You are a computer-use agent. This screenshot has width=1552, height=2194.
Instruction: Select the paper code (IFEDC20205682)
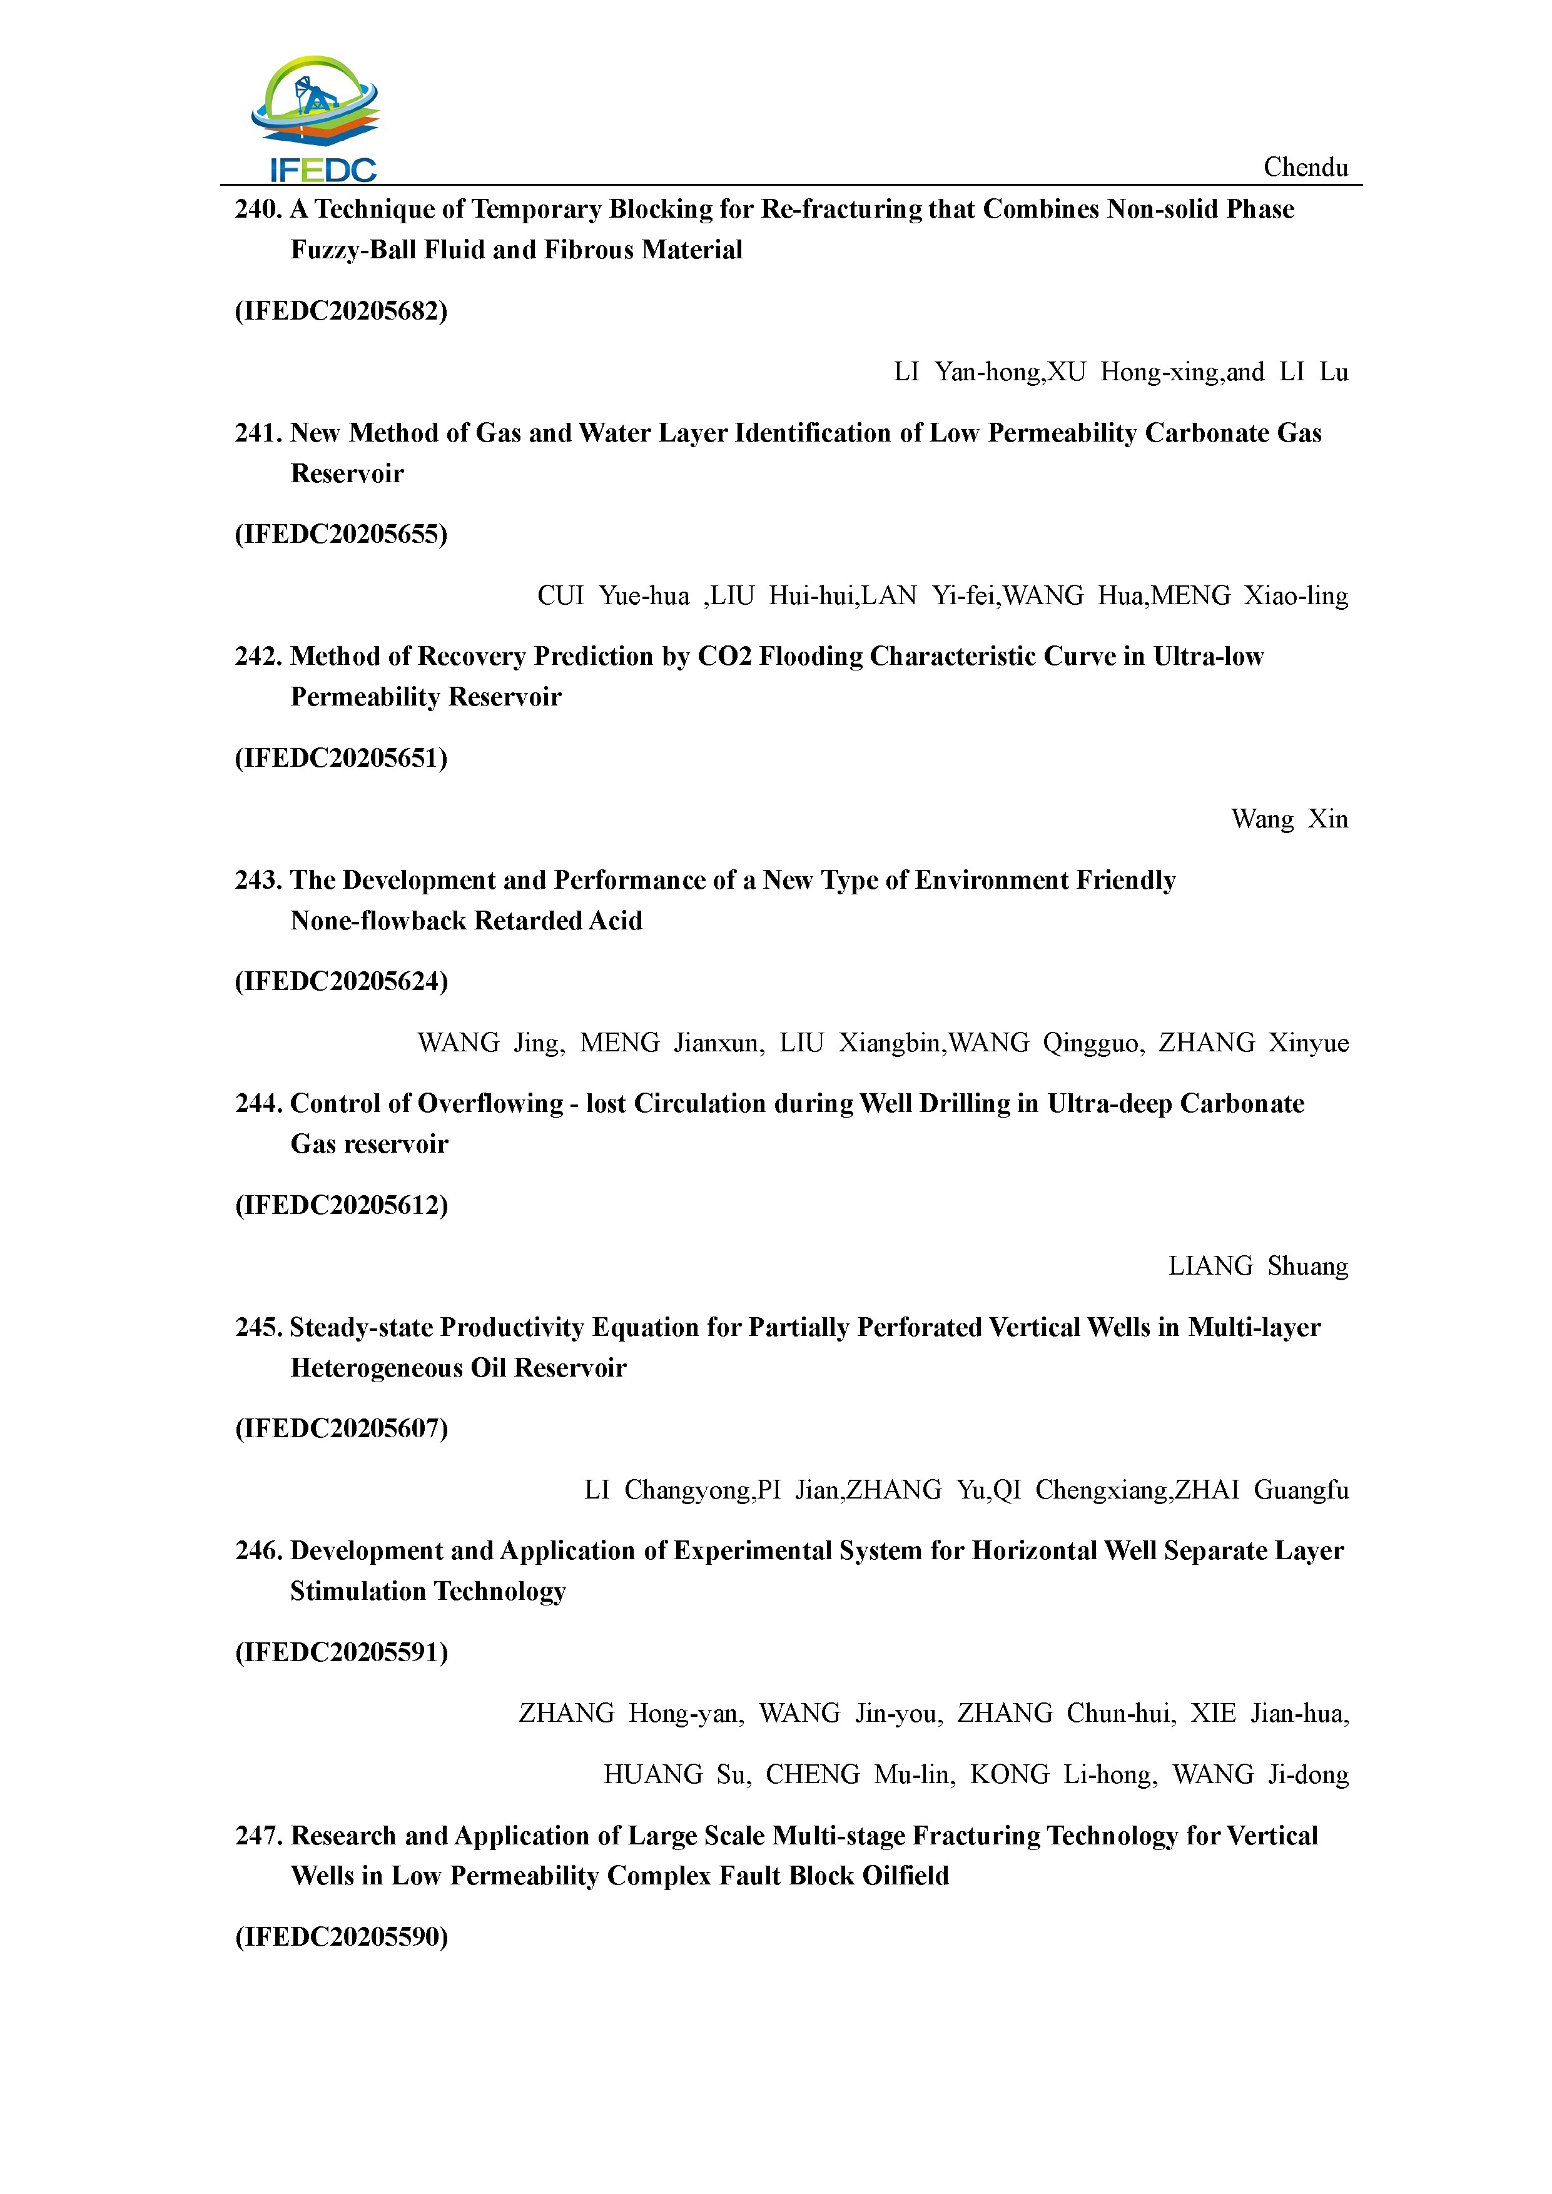341,311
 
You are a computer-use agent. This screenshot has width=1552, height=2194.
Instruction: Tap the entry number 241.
258,433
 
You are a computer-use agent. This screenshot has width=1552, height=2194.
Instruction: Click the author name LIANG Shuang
1257,1266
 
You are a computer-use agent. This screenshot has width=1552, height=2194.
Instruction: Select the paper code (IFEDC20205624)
341,981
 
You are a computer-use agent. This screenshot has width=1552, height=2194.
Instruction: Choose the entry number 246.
258,1551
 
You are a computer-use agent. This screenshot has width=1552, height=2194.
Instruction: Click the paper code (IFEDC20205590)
341,1937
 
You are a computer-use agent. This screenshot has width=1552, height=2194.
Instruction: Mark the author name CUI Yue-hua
612,595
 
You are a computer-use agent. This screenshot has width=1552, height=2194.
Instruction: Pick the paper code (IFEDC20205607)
341,1428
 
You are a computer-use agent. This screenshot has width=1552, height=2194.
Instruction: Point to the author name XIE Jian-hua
1268,1713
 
